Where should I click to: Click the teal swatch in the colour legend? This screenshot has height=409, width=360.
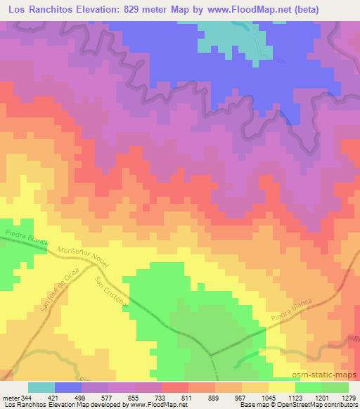coord(41,387)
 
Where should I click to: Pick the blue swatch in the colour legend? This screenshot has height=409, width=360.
coord(68,387)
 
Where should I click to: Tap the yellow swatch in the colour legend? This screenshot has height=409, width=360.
coord(281,387)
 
